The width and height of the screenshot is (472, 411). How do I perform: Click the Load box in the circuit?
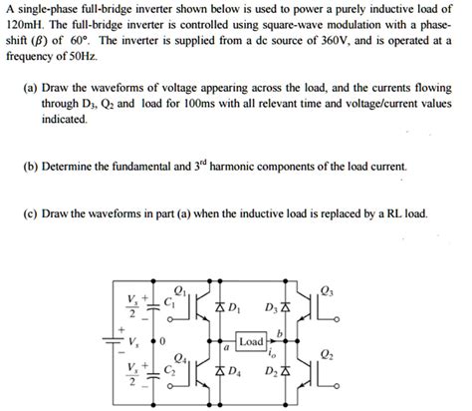[x=251, y=342]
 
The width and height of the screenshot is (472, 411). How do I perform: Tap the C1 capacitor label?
[x=170, y=297]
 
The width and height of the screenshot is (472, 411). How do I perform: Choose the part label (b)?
[x=32, y=166]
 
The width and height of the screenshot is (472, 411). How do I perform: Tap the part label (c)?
[x=32, y=213]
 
